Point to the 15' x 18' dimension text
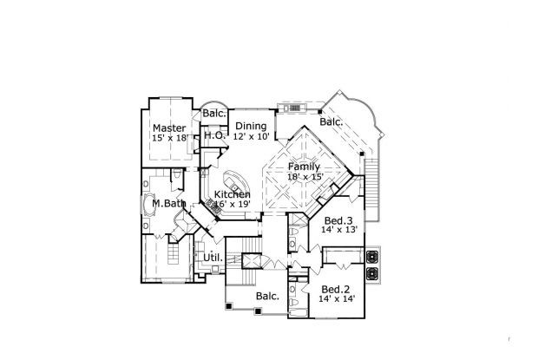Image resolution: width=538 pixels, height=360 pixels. pos(169,138)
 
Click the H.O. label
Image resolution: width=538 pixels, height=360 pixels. pos(214,136)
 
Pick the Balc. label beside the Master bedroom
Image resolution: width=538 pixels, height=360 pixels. pos(214,114)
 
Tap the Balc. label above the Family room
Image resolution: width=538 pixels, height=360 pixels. pos(331,122)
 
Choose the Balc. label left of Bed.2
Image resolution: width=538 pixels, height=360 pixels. pos(267,297)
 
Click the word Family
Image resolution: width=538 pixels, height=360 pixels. pos(305,167)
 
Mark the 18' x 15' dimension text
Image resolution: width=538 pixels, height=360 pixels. pos(305,178)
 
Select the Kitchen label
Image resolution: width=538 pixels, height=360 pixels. pos(233,194)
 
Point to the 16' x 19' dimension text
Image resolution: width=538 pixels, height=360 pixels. pos(233,206)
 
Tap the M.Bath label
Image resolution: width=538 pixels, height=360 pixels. pos(162,204)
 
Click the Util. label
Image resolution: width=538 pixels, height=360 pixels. pos(213,258)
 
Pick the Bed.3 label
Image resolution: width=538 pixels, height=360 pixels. pos(337,220)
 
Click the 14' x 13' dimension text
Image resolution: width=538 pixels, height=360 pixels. pos(338,232)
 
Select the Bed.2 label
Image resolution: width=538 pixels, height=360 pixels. pos(335,289)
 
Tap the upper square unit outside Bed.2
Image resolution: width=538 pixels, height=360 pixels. pos(374,257)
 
